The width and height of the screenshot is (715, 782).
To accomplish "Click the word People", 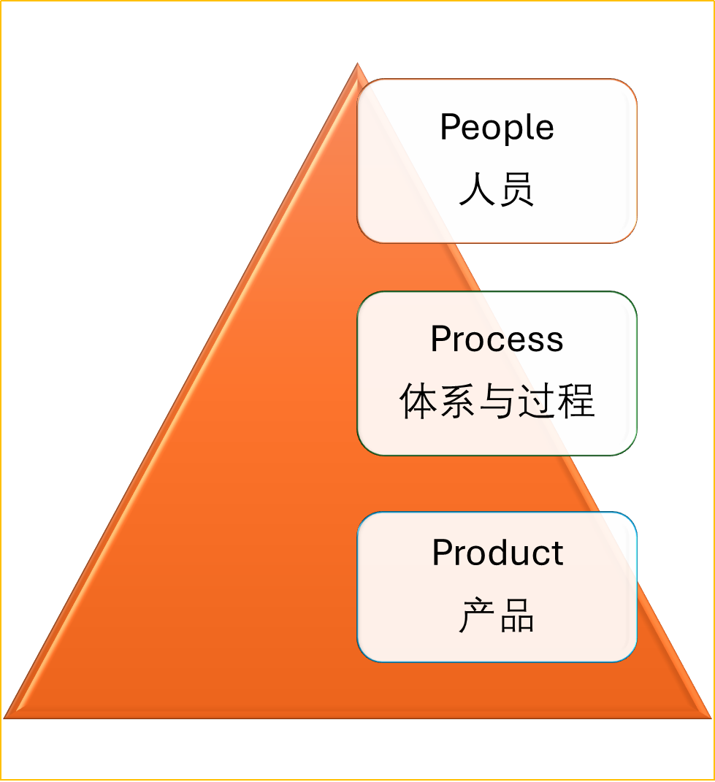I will tap(497, 128).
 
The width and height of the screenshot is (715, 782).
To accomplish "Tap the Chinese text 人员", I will tap(497, 190).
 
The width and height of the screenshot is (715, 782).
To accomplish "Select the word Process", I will tap(497, 340).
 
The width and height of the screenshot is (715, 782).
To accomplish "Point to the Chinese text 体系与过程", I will tap(497, 402).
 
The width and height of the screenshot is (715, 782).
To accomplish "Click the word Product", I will tap(497, 553).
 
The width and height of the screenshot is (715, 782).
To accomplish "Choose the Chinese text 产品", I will tap(497, 616).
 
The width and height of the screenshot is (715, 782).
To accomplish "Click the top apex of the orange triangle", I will tap(357, 66).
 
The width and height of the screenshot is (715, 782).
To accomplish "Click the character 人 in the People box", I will tap(477, 190).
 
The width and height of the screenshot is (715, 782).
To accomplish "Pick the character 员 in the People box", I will tap(517, 190).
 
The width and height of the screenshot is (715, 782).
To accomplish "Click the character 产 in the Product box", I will tap(477, 616).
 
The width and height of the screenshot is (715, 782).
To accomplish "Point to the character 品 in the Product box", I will tap(517, 616).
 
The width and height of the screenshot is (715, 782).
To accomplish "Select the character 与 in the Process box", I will tap(497, 402).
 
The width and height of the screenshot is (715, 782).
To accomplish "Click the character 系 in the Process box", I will tap(457, 402).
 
